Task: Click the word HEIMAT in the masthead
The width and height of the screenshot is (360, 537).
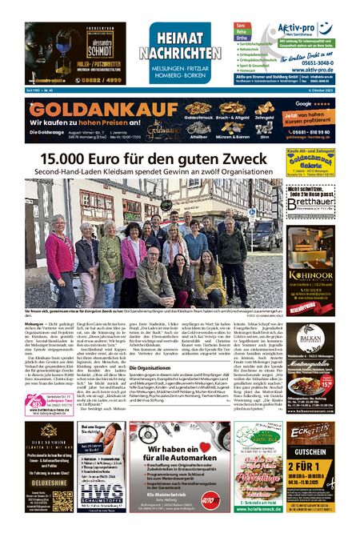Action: [x=185, y=36]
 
